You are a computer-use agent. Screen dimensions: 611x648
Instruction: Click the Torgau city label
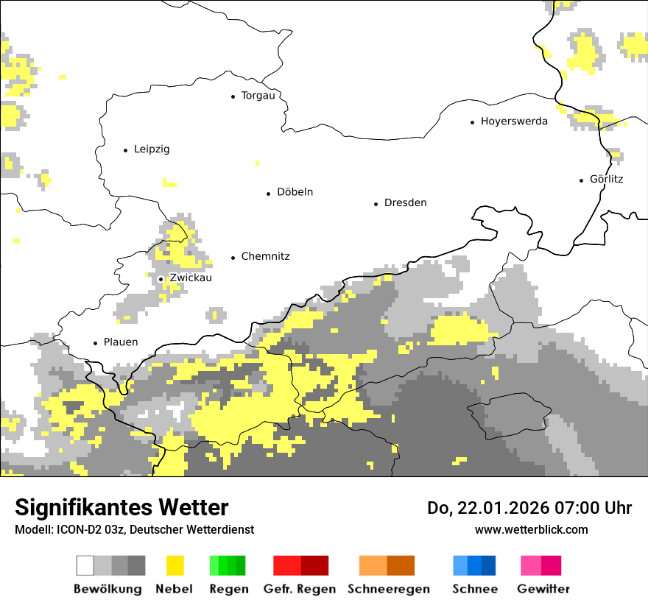pyautogui.click(x=258, y=96)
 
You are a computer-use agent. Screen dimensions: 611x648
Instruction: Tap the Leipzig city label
pyautogui.click(x=152, y=149)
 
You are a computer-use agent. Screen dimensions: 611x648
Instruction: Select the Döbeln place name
pyautogui.click(x=295, y=192)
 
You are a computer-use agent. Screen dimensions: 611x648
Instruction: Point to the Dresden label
pyautogui.click(x=405, y=203)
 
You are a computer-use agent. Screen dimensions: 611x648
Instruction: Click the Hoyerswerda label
pyautogui.click(x=514, y=121)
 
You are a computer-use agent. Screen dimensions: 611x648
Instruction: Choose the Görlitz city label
pyautogui.click(x=606, y=179)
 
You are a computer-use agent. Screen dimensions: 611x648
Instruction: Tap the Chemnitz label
pyautogui.click(x=265, y=257)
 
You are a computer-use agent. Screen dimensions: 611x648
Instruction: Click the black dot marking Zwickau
pyautogui.click(x=161, y=279)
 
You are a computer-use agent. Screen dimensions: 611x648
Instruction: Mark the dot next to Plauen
pyautogui.click(x=95, y=343)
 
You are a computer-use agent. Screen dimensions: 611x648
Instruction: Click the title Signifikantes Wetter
pyautogui.click(x=121, y=508)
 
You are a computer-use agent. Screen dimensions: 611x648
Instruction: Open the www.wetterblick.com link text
pyautogui.click(x=531, y=530)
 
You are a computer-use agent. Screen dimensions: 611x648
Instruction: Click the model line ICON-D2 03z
pyautogui.click(x=134, y=530)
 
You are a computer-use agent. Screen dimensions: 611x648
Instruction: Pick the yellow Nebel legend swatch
pyautogui.click(x=175, y=565)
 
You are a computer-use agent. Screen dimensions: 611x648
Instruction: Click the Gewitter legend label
pyautogui.click(x=543, y=589)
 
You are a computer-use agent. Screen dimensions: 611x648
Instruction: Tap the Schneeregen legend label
pyautogui.click(x=388, y=589)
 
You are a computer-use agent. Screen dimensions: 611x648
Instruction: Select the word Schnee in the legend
pyautogui.click(x=474, y=589)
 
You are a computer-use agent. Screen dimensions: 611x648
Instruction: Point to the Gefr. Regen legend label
pyautogui.click(x=299, y=589)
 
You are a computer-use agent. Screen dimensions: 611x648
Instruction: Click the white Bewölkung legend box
pyautogui.click(x=85, y=565)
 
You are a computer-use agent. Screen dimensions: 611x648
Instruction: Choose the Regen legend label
pyautogui.click(x=228, y=589)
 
